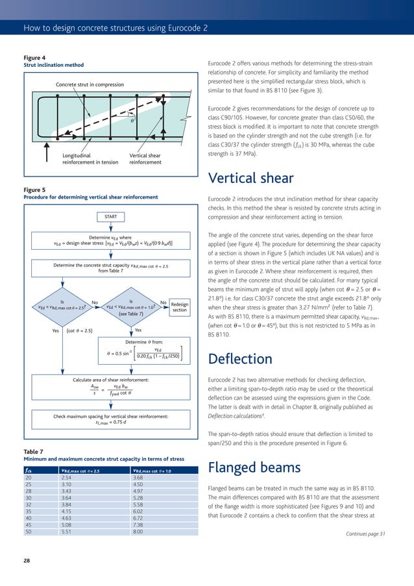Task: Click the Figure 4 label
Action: [34, 57]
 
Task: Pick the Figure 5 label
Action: [34, 189]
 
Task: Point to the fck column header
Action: [29, 471]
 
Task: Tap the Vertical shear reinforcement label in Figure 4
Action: [145, 158]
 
